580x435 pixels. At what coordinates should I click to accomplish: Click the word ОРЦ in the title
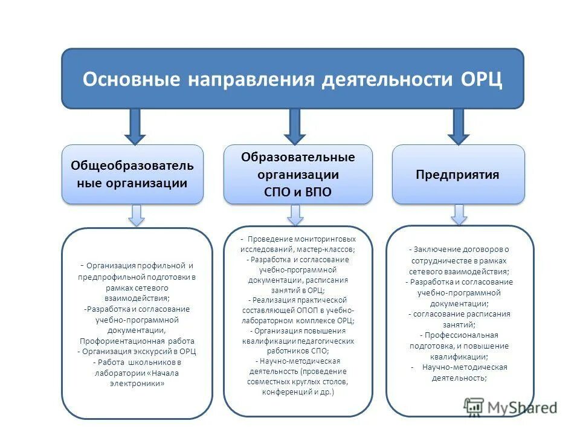pyautogui.click(x=482, y=80)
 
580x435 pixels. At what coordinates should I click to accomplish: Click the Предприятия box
pyautogui.click(x=458, y=175)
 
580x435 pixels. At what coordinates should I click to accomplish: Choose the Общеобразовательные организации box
pyautogui.click(x=132, y=174)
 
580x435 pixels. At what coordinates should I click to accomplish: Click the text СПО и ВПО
pyautogui.click(x=298, y=192)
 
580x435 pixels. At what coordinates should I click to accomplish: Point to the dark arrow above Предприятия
pyautogui.click(x=458, y=126)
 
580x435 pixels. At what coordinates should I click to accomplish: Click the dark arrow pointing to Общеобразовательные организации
pyautogui.click(x=134, y=126)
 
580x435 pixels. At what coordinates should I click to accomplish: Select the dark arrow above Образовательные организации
pyautogui.click(x=295, y=126)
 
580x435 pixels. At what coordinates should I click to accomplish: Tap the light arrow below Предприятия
pyautogui.click(x=459, y=214)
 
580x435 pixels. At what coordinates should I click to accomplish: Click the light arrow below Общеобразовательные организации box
pyautogui.click(x=137, y=215)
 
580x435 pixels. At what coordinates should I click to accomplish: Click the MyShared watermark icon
pyautogui.click(x=474, y=407)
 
